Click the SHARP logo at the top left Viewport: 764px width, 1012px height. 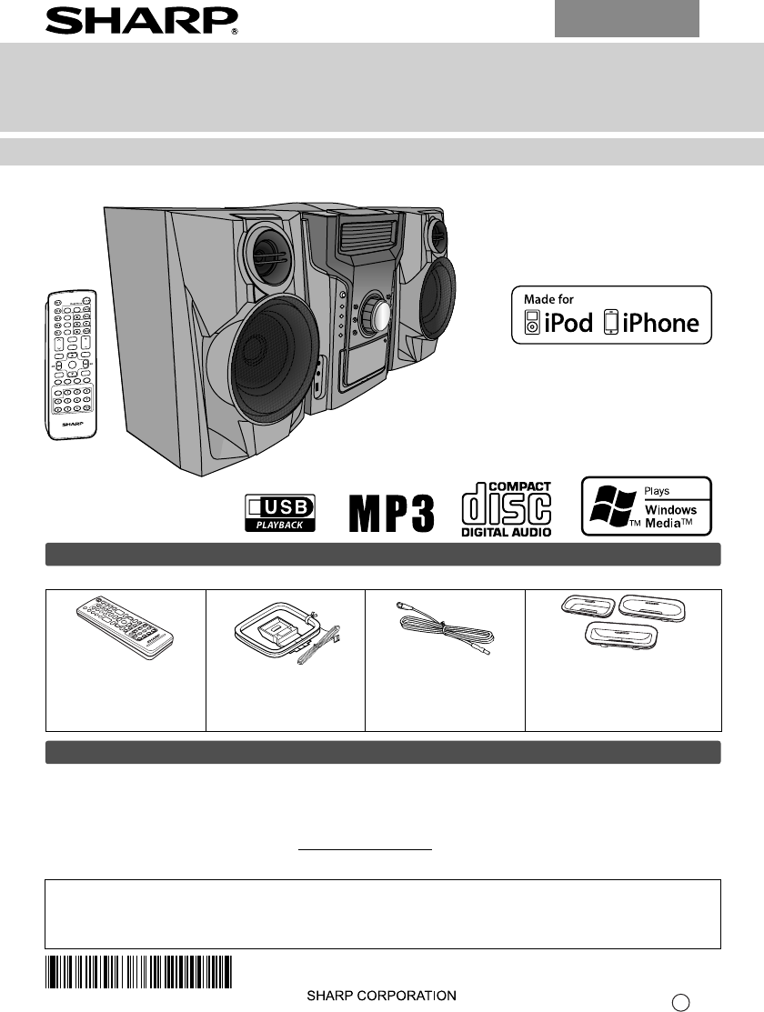coord(142,19)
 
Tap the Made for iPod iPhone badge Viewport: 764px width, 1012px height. coord(611,315)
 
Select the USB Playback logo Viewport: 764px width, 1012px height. coord(280,512)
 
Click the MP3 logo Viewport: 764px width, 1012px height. coord(392,514)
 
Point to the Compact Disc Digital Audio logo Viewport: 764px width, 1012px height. coord(507,509)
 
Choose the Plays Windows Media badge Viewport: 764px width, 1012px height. coord(646,506)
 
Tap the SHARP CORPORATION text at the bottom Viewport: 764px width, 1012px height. coord(380,996)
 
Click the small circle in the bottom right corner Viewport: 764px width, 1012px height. coord(679,1002)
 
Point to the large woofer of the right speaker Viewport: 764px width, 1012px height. coord(437,301)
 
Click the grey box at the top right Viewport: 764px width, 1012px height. coord(627,18)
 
